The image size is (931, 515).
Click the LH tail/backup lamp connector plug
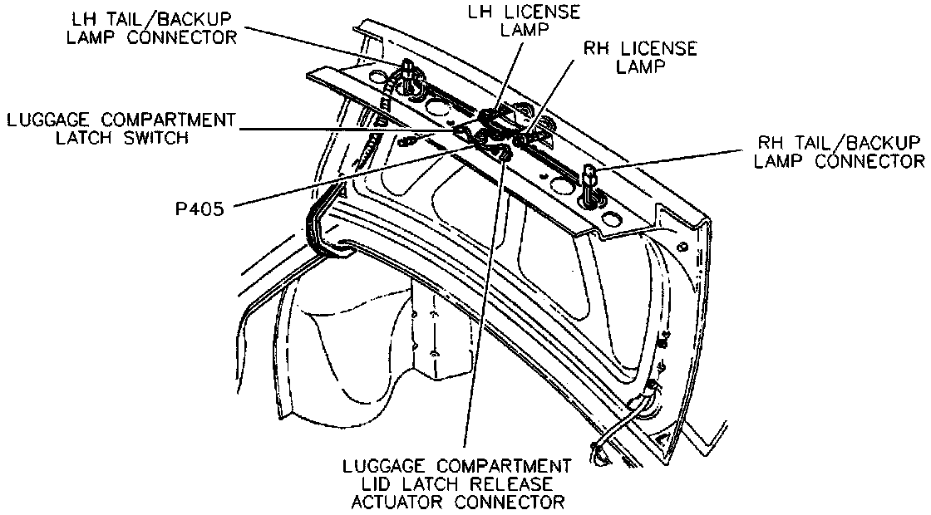[x=406, y=70]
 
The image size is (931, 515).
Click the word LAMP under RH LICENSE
[x=641, y=68]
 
